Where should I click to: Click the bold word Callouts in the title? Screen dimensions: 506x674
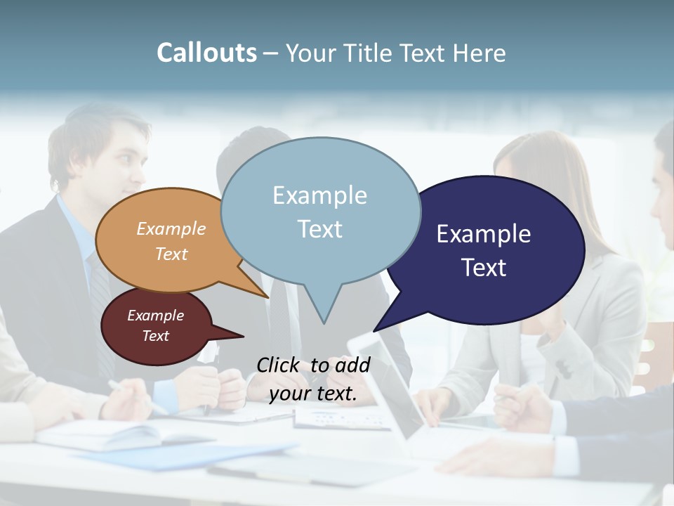pyautogui.click(x=206, y=53)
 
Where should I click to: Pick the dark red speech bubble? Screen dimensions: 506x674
pyautogui.click(x=156, y=326)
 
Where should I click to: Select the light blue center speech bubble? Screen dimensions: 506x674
pyautogui.click(x=320, y=211)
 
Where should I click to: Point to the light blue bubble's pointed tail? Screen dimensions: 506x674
pyautogui.click(x=323, y=309)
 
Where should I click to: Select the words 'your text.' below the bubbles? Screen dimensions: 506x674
pyautogui.click(x=313, y=394)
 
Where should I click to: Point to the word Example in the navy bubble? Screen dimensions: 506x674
pyautogui.click(x=484, y=234)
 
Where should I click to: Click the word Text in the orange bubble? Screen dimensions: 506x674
pyautogui.click(x=171, y=254)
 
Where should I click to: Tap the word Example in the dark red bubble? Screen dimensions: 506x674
pyautogui.click(x=156, y=316)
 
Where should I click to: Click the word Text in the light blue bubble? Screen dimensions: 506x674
pyautogui.click(x=320, y=229)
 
